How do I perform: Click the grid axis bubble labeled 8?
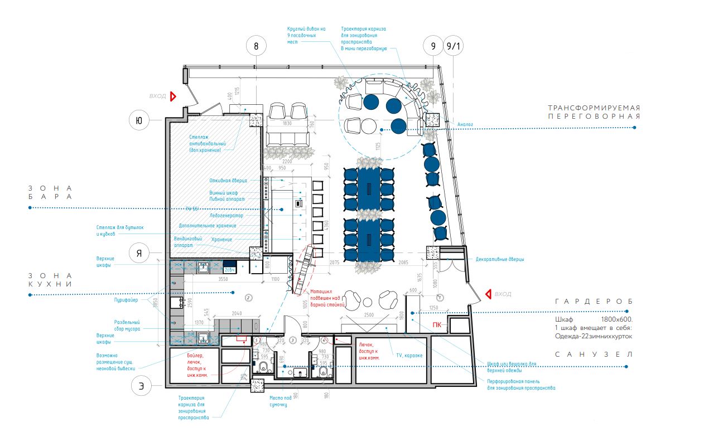[x=256, y=47]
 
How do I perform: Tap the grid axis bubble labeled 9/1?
[x=453, y=47]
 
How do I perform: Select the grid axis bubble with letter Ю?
[x=139, y=119]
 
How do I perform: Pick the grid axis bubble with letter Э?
[x=141, y=386]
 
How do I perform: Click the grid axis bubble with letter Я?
[x=139, y=254]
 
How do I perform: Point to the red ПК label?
[x=437, y=324]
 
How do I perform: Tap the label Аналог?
[x=465, y=124]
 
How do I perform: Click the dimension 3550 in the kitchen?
[x=223, y=278]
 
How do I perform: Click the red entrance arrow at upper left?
[x=173, y=96]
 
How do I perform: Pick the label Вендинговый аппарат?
[x=187, y=242]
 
